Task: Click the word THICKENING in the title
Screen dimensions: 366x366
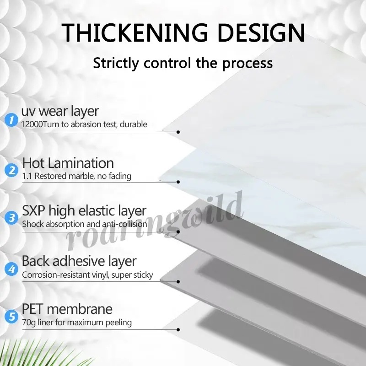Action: coord(135,32)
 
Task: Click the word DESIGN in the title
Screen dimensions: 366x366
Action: coord(261,32)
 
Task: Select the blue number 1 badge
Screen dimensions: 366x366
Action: coord(11,120)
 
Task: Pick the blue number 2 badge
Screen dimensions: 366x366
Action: coord(11,170)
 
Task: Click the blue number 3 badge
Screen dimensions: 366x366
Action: coord(11,218)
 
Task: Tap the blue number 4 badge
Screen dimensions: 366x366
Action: coord(11,269)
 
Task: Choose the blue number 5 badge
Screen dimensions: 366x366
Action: coord(11,317)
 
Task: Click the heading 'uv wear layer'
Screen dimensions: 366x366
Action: coord(60,112)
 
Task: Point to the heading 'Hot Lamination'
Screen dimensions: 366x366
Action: coord(68,163)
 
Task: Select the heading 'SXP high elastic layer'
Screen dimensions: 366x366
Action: coord(84,211)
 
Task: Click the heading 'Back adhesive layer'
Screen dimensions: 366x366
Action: coord(79,261)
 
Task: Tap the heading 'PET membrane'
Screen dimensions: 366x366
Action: coord(67,309)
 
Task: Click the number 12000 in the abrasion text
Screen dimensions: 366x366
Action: coord(32,124)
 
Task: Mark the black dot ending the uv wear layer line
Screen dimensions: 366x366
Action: coord(178,132)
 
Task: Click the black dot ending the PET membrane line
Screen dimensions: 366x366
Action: coord(178,330)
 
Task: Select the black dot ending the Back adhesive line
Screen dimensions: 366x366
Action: coord(178,282)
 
